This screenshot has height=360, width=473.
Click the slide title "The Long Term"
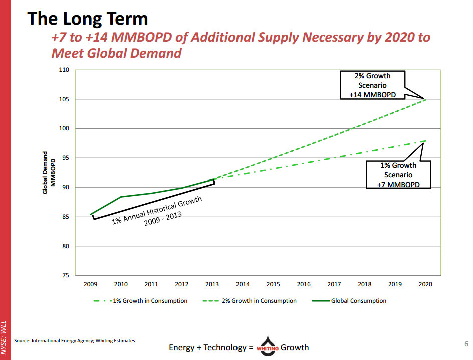[88, 19]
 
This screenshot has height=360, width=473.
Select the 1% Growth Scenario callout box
[398, 174]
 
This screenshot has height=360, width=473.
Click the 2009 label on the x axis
[90, 284]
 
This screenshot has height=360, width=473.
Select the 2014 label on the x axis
[243, 284]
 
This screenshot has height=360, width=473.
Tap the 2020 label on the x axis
[425, 284]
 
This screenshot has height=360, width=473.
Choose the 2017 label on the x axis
[334, 284]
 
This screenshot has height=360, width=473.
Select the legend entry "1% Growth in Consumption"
[141, 301]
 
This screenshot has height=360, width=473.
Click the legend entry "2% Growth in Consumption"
[251, 301]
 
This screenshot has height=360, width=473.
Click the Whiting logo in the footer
[266, 346]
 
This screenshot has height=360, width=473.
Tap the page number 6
[465, 344]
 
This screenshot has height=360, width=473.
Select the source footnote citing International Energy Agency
[74, 341]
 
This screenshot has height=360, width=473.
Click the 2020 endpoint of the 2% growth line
[425, 99]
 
